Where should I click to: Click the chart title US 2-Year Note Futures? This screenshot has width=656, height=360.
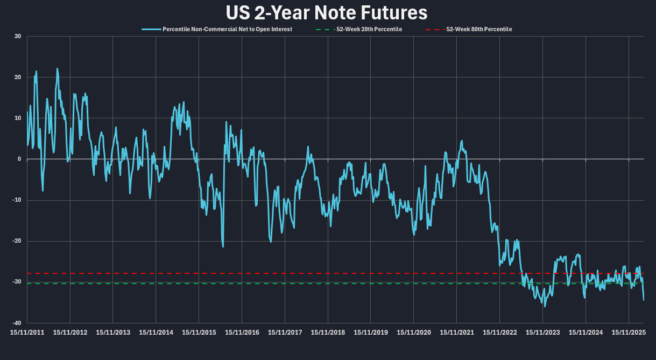(x=327, y=12)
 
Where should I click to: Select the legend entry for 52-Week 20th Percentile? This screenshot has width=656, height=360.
(x=368, y=29)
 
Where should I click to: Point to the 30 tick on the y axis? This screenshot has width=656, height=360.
(x=18, y=37)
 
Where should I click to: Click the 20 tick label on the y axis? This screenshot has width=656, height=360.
(x=18, y=77)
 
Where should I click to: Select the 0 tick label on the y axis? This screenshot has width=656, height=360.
(x=19, y=159)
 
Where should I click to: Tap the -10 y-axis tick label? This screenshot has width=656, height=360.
(x=17, y=200)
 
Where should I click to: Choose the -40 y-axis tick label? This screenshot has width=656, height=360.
(x=17, y=323)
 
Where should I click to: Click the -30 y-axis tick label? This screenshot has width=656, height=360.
(x=17, y=282)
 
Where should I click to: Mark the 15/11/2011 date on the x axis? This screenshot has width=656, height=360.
(x=27, y=333)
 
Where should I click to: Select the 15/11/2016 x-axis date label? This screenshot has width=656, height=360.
(x=242, y=333)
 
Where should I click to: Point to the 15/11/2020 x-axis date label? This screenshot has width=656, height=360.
(x=414, y=333)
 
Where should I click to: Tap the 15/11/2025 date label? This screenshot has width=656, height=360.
(x=629, y=333)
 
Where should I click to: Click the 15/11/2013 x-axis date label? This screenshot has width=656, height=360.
(x=113, y=333)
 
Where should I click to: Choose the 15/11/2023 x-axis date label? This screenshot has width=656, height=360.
(x=542, y=333)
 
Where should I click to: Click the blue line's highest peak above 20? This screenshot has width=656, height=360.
(x=57, y=68)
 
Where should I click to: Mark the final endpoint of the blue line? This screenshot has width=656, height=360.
(x=643, y=300)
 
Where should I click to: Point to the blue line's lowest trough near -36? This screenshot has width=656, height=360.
(x=545, y=306)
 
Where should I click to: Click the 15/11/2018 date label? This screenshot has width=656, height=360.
(x=328, y=333)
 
